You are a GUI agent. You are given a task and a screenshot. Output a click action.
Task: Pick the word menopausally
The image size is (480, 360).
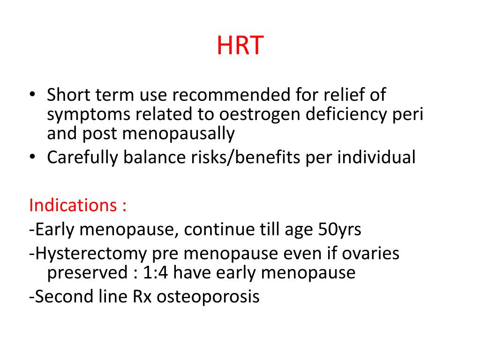pos(179,135)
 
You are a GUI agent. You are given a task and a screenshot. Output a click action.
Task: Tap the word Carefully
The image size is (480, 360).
pos(82,157)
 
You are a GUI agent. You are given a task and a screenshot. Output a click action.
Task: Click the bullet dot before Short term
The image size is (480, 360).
pos(32,96)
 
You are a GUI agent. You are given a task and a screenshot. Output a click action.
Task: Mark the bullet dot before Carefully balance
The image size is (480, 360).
pos(32,158)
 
